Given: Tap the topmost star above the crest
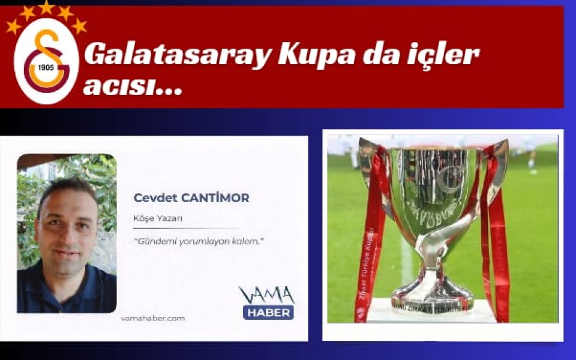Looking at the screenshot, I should [x=46, y=7].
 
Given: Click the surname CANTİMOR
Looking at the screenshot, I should [x=220, y=198].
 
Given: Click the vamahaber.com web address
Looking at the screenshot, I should [x=152, y=318].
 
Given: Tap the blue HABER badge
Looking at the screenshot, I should [x=268, y=312].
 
